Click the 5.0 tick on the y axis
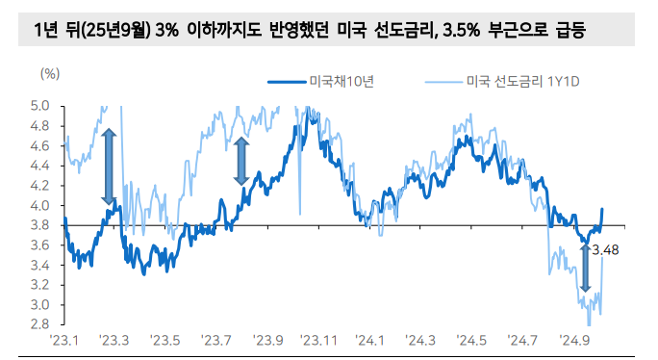coord(39,105)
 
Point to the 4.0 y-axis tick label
coord(39,205)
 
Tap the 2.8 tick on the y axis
coord(39,324)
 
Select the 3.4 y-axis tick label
coord(39,265)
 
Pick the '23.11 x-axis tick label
coord(317,342)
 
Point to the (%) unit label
coord(50,73)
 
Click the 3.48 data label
coord(605,251)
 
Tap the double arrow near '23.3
coord(109,167)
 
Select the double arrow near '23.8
coord(240,161)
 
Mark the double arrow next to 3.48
coord(584,268)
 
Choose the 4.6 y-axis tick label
coord(39,145)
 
